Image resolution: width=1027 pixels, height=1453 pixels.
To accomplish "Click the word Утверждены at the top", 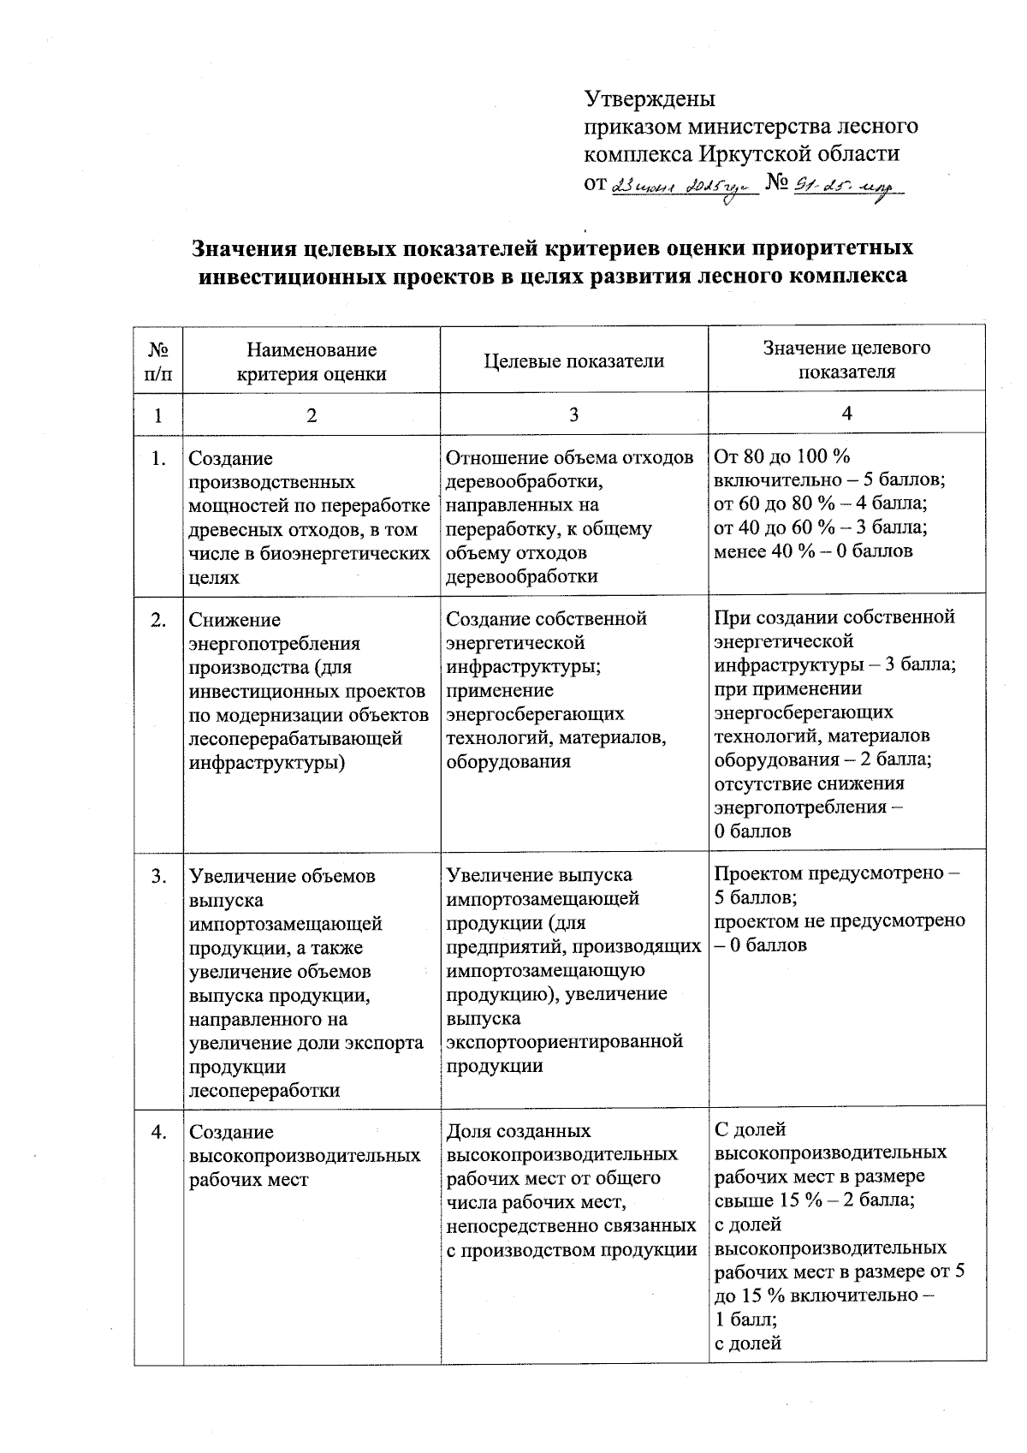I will tap(650, 98).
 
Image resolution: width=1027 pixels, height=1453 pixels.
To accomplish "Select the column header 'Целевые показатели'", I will tap(573, 361).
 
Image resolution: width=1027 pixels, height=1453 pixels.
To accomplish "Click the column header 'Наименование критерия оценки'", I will tap(312, 361).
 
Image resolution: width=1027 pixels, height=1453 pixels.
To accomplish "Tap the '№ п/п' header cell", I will tap(158, 361).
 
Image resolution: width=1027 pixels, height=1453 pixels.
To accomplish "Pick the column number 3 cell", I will tap(573, 414).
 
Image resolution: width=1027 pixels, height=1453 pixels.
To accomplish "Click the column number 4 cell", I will tap(846, 414).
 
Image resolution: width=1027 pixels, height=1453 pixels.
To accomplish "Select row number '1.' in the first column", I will tap(158, 459).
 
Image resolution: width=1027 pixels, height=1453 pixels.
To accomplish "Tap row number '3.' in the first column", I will tap(158, 877).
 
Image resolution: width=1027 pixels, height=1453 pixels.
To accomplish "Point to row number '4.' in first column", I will tap(158, 1133).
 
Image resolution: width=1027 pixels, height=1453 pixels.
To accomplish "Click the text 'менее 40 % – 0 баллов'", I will tap(813, 551).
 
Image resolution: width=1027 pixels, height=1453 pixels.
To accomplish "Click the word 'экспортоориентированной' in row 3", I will tap(565, 1042).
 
